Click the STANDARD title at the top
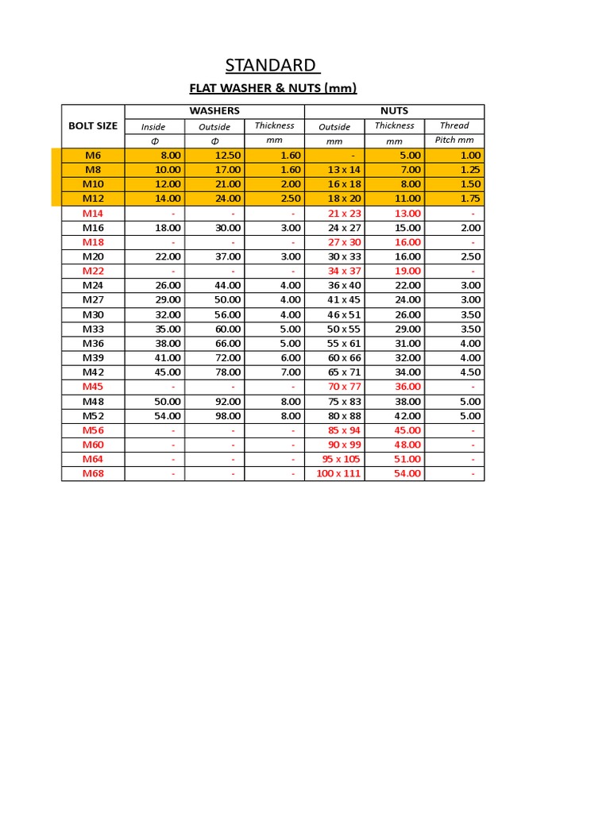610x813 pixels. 271,64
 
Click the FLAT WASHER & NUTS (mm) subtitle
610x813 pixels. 272,87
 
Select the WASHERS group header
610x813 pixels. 214,111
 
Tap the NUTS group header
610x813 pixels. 395,111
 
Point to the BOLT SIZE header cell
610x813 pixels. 93,125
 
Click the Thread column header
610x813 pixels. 454,125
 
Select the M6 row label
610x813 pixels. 93,156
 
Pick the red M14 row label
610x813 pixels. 93,214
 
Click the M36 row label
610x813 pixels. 93,343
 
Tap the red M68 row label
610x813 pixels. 93,473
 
